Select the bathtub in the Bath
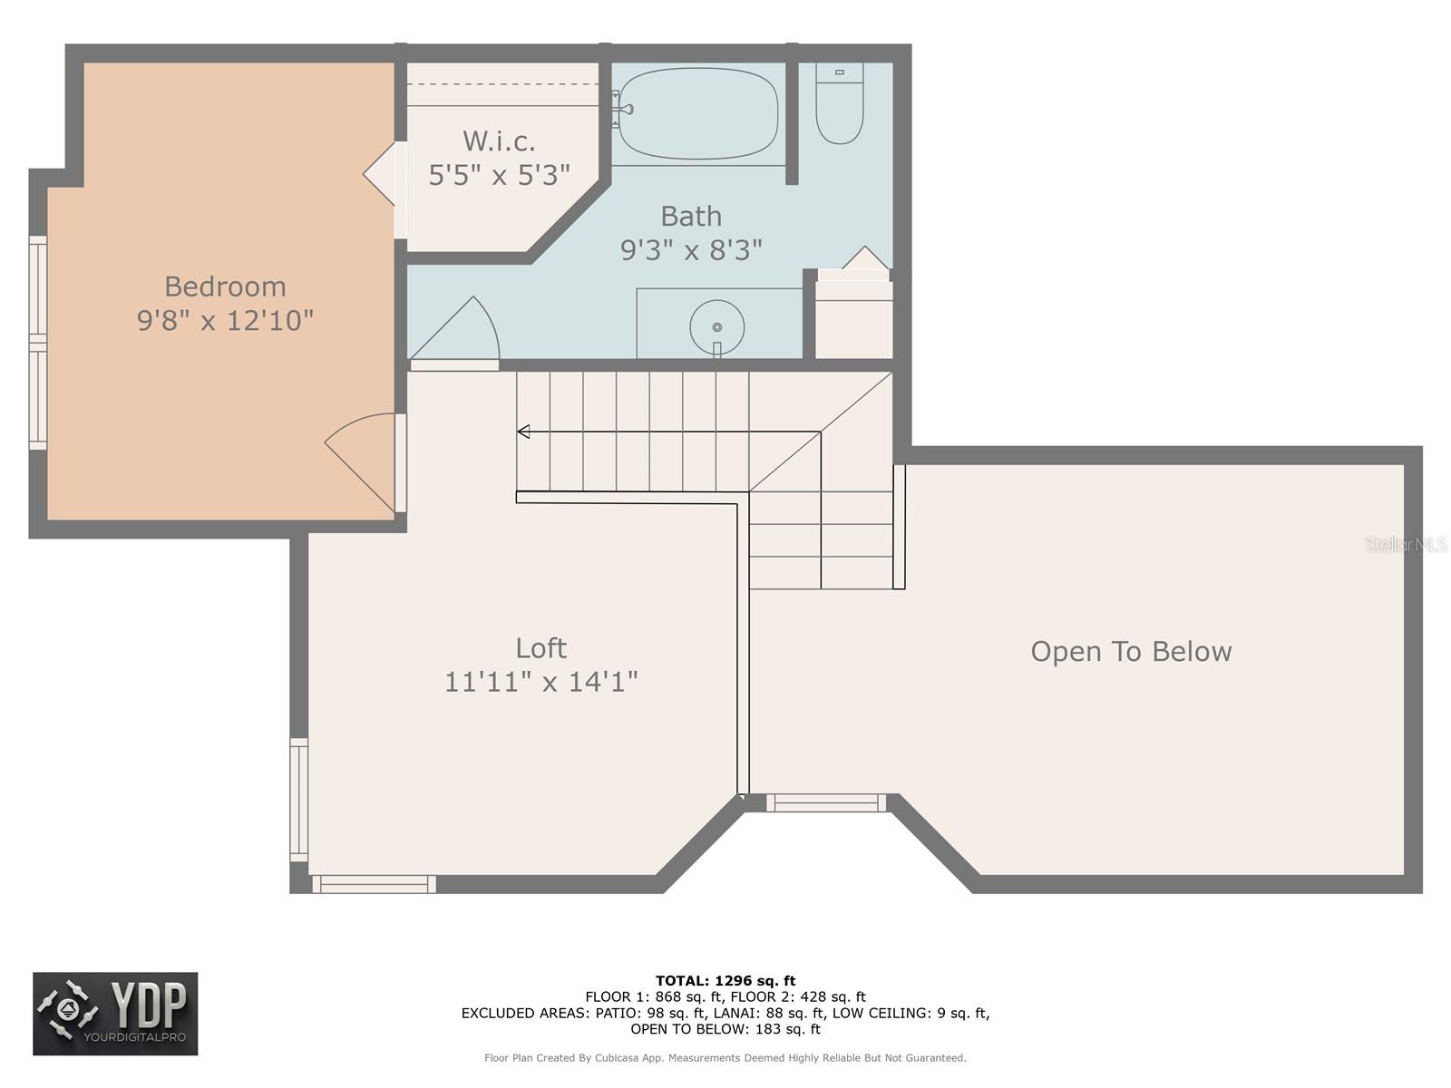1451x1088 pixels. click(x=698, y=113)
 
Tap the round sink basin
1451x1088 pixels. click(x=716, y=327)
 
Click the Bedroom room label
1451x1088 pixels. click(x=226, y=287)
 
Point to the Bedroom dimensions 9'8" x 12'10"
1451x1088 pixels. click(x=226, y=321)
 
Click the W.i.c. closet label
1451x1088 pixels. click(x=499, y=141)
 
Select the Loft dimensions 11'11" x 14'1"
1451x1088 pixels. click(x=540, y=682)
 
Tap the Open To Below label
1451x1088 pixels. click(x=1131, y=652)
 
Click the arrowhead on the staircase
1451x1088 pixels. click(x=523, y=432)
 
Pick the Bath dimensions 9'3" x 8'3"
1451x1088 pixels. click(x=691, y=250)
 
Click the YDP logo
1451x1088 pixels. click(x=116, y=1014)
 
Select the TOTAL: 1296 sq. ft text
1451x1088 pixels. click(x=725, y=981)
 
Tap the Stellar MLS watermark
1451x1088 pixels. click(x=1406, y=544)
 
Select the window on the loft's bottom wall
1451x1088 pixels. click(x=375, y=884)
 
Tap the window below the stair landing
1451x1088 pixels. click(x=826, y=802)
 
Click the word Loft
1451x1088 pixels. click(x=540, y=648)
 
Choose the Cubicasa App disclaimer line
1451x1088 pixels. click(x=725, y=1058)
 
